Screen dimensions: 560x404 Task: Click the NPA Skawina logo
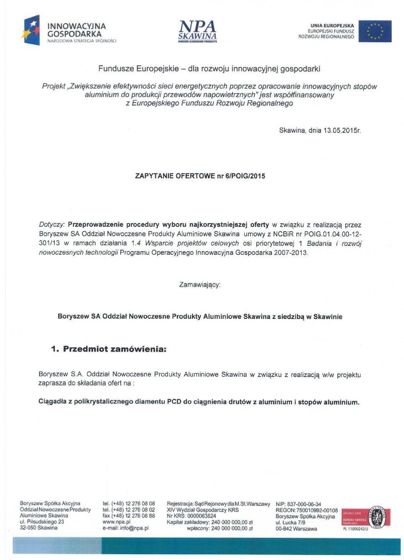tap(198, 31)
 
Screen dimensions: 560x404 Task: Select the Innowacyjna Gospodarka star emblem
tap(31, 30)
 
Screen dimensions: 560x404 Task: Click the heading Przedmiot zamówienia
tap(114, 349)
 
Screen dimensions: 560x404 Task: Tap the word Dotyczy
tap(52, 225)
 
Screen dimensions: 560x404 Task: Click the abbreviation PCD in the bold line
tap(174, 402)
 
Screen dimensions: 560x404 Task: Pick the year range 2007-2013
tap(290, 253)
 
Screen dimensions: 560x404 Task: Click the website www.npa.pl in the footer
tap(116, 522)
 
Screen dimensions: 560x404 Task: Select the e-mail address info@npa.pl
tap(134, 528)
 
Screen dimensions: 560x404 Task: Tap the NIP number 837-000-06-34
tap(304, 504)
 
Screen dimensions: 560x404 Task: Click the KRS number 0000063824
tap(201, 516)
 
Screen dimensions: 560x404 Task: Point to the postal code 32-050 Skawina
tap(39, 528)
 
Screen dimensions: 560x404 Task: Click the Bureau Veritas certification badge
tap(366, 518)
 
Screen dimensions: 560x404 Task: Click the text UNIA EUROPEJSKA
tap(332, 26)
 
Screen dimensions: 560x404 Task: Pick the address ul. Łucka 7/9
tap(290, 522)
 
